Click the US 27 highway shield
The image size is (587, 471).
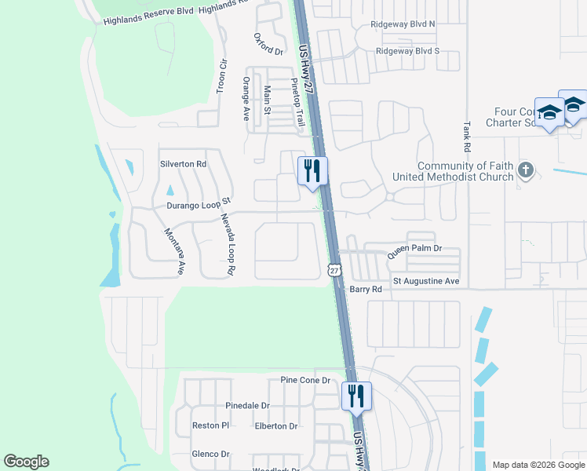(x=335, y=270)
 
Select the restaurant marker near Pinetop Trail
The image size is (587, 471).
(x=312, y=170)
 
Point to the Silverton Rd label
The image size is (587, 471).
(x=183, y=164)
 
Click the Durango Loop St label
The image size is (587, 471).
(x=196, y=205)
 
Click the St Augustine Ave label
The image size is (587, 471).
(x=426, y=280)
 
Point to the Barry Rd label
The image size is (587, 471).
(x=366, y=289)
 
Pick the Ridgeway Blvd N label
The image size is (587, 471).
(x=403, y=24)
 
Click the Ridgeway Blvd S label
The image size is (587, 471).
(x=407, y=50)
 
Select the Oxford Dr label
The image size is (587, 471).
(x=268, y=43)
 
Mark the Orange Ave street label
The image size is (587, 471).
(x=246, y=98)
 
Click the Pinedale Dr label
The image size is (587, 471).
(x=247, y=406)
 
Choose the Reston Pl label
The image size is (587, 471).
(x=210, y=425)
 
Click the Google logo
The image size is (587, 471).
(x=26, y=462)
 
